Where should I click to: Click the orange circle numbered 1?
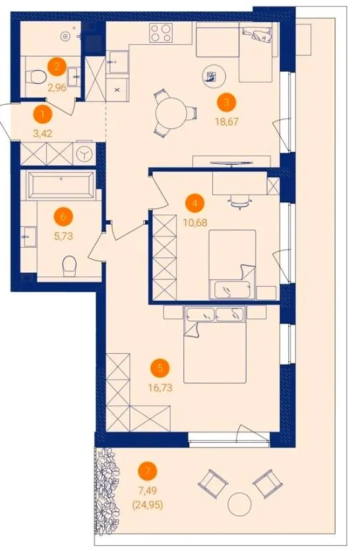(43, 115)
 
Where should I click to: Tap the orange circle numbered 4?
(195, 204)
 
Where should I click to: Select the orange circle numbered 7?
(147, 471)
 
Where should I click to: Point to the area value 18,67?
(227, 122)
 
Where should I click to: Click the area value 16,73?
(160, 388)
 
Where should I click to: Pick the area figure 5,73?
(64, 236)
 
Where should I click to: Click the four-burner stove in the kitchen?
(161, 33)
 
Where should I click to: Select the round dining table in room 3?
(171, 113)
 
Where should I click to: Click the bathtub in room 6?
(61, 185)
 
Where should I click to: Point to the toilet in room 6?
(69, 266)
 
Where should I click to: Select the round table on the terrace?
(239, 504)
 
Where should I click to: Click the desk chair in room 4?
(241, 202)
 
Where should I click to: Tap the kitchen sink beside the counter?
(118, 62)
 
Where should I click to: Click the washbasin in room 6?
(29, 237)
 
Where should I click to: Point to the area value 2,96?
(57, 88)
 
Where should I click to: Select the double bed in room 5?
(214, 345)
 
